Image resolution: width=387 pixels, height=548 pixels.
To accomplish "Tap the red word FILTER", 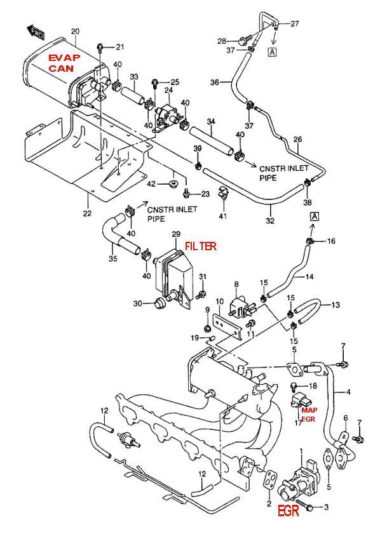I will (x=201, y=246).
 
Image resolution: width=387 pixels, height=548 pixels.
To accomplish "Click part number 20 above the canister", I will (x=75, y=32).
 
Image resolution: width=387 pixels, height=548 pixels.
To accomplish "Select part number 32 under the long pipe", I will (x=271, y=220).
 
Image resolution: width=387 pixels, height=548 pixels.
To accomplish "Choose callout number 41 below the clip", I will (x=222, y=217).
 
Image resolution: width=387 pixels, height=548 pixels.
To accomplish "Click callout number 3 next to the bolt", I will (x=326, y=507).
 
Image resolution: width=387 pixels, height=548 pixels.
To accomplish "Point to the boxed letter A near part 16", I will (x=314, y=217).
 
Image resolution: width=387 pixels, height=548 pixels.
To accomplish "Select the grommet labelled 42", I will (x=173, y=184).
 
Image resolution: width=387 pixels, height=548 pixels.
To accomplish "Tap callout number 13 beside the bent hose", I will (x=335, y=305).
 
